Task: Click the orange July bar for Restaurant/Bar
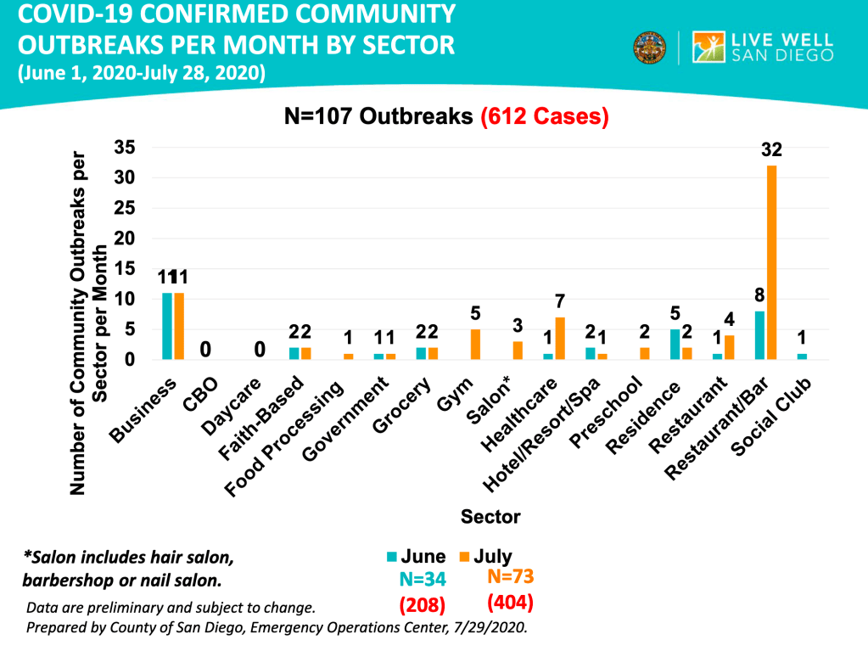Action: (x=771, y=262)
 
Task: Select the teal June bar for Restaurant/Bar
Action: (x=760, y=335)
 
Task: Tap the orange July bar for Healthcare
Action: (x=559, y=338)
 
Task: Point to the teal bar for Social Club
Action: (x=803, y=356)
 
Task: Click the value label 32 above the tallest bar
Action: (x=771, y=150)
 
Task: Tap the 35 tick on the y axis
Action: (x=125, y=148)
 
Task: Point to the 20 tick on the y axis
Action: (x=125, y=239)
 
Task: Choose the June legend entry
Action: (x=416, y=557)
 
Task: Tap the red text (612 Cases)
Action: (x=545, y=116)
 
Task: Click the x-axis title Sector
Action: (x=490, y=516)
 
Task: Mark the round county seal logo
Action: (x=649, y=48)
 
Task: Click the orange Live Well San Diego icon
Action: (x=709, y=48)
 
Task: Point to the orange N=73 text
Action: (x=510, y=577)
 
